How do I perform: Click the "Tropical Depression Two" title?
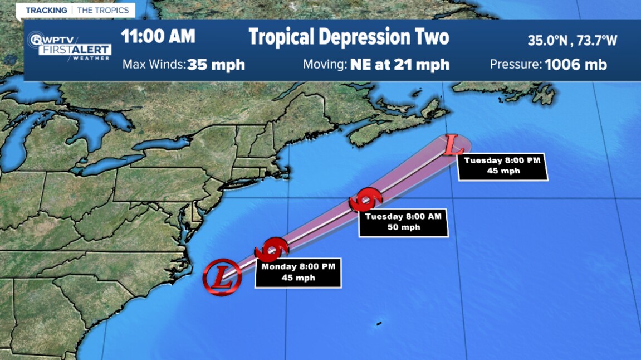point(349,37)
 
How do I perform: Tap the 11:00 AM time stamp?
point(158,37)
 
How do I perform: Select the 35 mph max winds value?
point(216,64)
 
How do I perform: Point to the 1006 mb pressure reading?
point(576,64)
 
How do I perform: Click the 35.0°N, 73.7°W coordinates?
point(573,40)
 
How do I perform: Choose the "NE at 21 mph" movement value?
point(399,64)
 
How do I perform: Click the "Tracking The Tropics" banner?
point(77,11)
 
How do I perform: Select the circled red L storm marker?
point(222,276)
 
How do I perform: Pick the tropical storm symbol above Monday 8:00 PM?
point(271,250)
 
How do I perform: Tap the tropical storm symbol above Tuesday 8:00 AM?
point(366,199)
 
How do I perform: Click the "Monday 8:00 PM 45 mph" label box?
point(298,273)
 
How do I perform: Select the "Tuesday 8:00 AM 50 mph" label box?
point(403,222)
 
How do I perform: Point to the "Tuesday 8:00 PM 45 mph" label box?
point(502,166)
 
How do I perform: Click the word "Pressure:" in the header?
point(515,64)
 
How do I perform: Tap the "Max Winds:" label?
point(154,64)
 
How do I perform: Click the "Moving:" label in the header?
point(325,64)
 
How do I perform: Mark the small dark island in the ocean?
point(379,323)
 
